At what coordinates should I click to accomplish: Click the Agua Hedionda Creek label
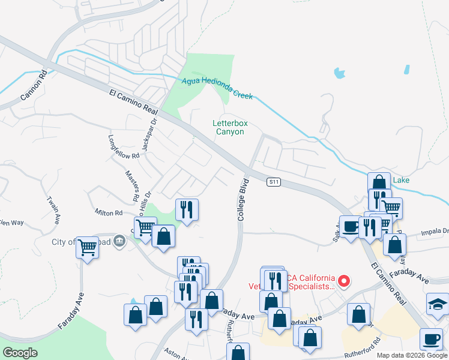(217, 88)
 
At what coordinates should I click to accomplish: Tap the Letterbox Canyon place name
(230, 127)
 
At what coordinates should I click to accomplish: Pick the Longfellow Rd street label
(124, 146)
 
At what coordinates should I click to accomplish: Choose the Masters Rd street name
(131, 185)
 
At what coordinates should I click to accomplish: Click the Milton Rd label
(108, 212)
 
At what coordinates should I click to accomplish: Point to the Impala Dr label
(436, 230)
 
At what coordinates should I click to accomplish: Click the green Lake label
(401, 179)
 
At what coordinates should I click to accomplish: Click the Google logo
(20, 353)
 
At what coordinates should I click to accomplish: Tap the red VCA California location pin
(344, 281)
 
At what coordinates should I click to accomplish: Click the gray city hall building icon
(119, 241)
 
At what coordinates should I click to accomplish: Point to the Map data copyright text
(412, 355)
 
